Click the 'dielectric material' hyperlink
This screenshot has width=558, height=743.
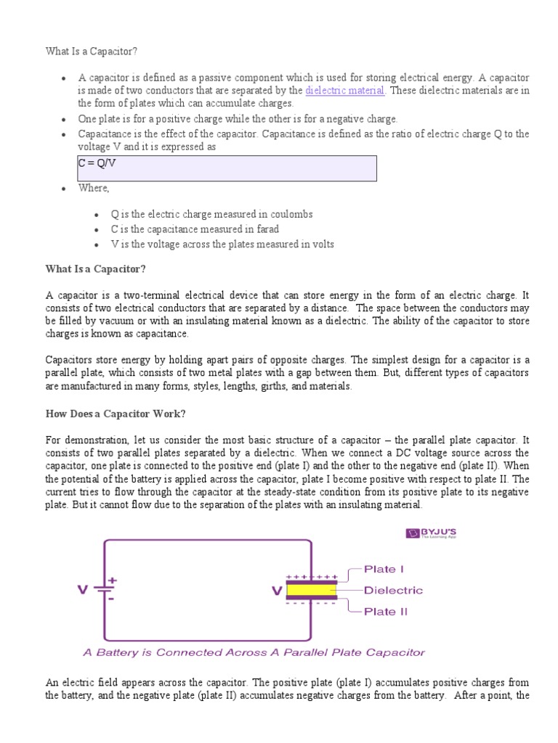tap(345, 91)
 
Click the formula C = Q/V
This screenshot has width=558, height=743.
tap(97, 163)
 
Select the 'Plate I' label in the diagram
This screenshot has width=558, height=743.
tap(384, 570)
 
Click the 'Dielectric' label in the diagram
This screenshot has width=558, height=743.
tap(392, 591)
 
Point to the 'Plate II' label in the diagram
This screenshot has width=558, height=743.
tap(386, 612)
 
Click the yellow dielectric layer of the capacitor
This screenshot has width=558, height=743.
tap(312, 591)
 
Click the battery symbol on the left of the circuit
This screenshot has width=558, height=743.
tap(108, 590)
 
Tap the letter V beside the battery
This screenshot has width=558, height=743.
tap(83, 590)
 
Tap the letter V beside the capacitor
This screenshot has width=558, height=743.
tap(276, 591)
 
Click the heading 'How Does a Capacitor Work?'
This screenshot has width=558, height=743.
tap(116, 414)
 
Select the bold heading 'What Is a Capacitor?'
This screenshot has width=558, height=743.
tap(96, 269)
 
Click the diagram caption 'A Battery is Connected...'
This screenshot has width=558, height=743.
tap(254, 652)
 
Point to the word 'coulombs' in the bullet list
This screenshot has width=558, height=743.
tap(270, 215)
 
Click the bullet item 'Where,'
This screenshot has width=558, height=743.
tap(94, 189)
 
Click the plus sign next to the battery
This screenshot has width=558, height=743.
tap(113, 581)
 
